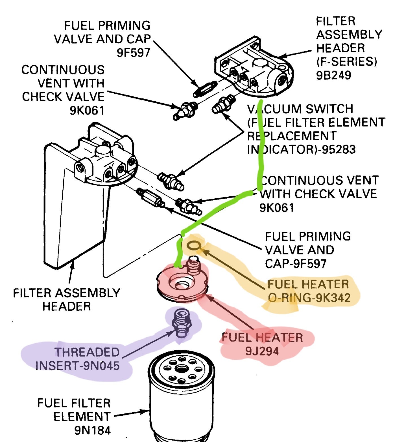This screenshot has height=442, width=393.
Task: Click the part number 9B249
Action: (x=333, y=75)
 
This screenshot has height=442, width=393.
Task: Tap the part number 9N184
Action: (x=92, y=430)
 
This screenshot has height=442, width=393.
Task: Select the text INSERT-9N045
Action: (x=77, y=366)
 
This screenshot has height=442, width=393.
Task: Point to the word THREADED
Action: (x=87, y=352)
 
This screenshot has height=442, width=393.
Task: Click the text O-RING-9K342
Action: (x=309, y=298)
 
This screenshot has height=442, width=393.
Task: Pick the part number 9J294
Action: (x=262, y=351)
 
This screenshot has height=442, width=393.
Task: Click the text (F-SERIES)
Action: (x=346, y=61)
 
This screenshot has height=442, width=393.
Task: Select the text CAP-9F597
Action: (x=296, y=264)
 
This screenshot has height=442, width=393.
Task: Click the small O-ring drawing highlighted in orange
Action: (x=194, y=245)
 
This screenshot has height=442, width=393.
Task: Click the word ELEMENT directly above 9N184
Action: (x=82, y=417)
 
